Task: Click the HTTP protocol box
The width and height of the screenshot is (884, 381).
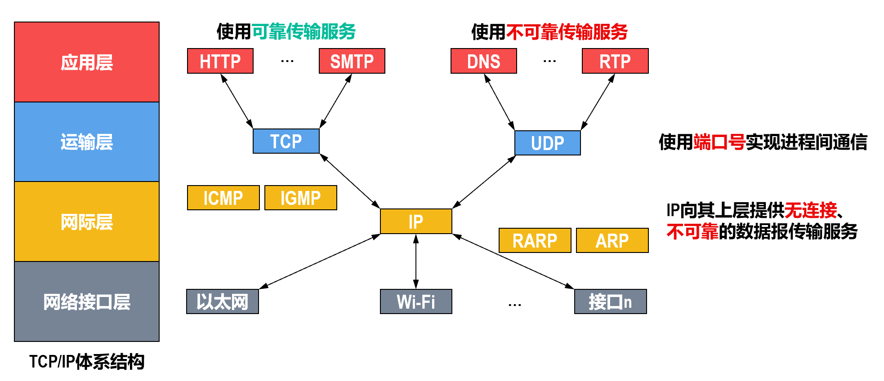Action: coord(220,61)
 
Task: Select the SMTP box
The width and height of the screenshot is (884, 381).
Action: coord(352,61)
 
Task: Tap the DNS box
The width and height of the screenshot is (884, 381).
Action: coord(484,61)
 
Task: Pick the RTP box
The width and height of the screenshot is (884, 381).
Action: coord(615,61)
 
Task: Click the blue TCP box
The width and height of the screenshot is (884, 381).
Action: coord(286,141)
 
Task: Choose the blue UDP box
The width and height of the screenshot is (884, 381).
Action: coord(548,143)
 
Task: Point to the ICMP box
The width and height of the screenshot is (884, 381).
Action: coord(223,198)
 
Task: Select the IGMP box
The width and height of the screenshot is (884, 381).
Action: coord(301,198)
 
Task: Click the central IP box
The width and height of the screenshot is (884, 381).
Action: coord(416,221)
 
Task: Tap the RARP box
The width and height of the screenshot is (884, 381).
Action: coord(535,240)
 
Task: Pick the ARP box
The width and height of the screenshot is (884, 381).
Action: coord(612,240)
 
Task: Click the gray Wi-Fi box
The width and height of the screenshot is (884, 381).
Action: coord(416,301)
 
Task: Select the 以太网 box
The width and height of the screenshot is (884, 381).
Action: coord(223,301)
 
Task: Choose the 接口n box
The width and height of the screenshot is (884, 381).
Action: coord(611,301)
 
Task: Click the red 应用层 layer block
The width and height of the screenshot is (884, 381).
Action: coord(87,62)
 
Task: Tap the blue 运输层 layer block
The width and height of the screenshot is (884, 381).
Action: coord(87,142)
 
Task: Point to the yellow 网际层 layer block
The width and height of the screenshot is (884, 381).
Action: coord(87,222)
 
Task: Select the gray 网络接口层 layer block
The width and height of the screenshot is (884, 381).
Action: coord(87,301)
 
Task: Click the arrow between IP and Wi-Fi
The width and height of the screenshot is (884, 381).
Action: coord(416,261)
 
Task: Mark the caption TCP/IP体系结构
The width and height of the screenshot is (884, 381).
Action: coord(87,362)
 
